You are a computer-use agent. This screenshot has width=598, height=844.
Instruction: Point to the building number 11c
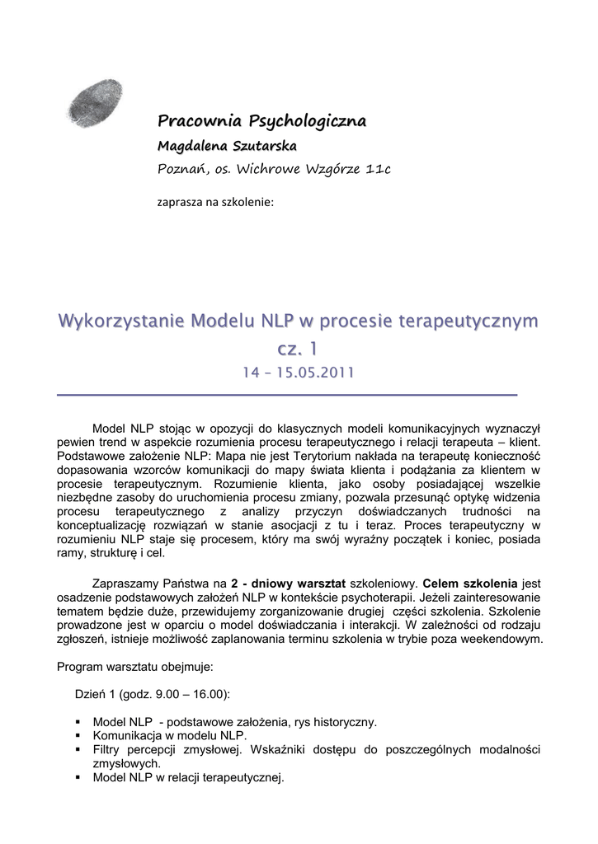[x=376, y=170]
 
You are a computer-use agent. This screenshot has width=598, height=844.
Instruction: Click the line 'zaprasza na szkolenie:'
[x=214, y=200]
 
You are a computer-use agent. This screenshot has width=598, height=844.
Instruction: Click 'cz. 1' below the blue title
[x=298, y=350]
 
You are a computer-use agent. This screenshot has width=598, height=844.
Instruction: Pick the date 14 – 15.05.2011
[x=298, y=373]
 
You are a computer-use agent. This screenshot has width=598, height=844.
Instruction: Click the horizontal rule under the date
[x=286, y=396]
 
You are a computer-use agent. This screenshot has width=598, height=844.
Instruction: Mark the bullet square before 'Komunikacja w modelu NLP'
[x=78, y=736]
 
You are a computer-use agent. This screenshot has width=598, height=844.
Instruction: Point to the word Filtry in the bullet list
[x=108, y=749]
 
